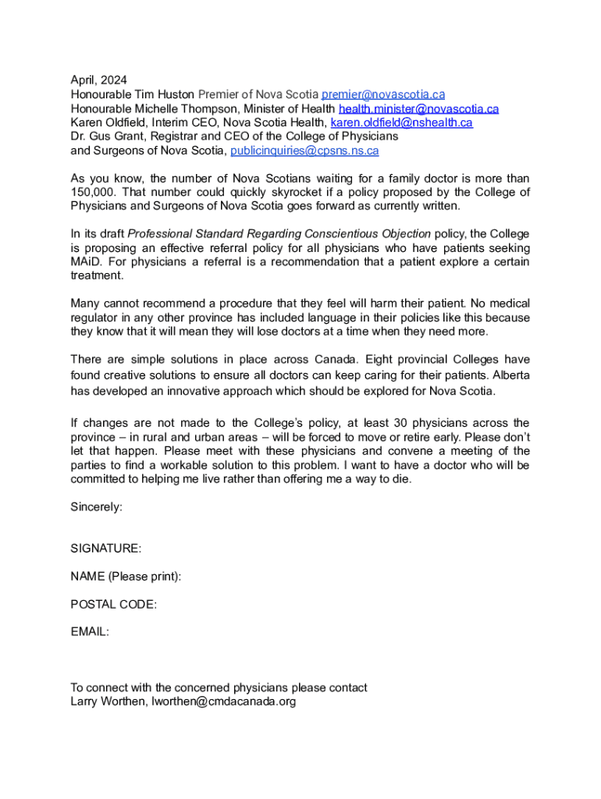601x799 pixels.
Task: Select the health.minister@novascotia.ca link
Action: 418,108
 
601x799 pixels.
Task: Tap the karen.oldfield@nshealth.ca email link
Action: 402,123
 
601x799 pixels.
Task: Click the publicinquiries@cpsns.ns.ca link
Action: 304,151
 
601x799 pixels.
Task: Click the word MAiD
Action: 86,261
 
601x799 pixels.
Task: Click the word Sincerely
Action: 96,506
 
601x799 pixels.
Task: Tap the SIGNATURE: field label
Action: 106,549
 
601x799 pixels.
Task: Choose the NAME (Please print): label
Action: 126,577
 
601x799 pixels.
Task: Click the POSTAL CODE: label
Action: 114,604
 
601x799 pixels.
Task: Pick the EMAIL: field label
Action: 90,632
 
